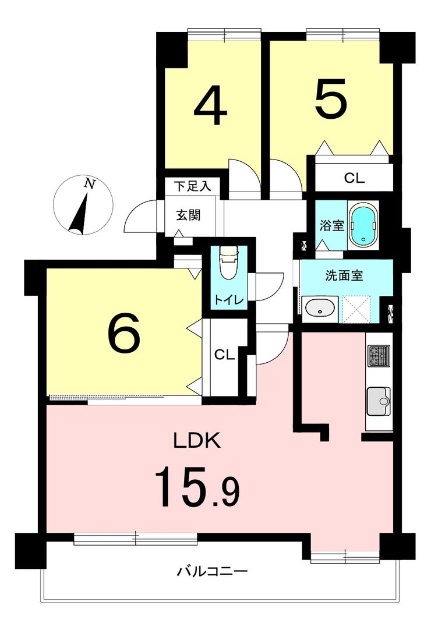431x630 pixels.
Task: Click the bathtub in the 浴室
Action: [x=363, y=225]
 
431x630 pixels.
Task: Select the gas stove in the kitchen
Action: [x=379, y=356]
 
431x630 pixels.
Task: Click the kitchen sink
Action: [x=379, y=401]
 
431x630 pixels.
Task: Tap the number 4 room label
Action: [x=210, y=107]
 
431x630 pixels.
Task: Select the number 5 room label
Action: [x=330, y=98]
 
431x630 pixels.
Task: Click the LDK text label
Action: [x=197, y=441]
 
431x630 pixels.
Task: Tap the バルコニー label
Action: [x=212, y=571]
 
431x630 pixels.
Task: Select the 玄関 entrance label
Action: [x=188, y=216]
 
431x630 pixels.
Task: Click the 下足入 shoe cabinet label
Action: [x=193, y=186]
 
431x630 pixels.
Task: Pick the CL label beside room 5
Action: [x=354, y=178]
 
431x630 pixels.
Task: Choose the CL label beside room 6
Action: [x=224, y=355]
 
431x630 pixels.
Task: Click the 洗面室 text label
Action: [x=344, y=275]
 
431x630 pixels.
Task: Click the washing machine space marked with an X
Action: [x=356, y=309]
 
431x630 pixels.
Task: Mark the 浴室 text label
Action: [x=332, y=226]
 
